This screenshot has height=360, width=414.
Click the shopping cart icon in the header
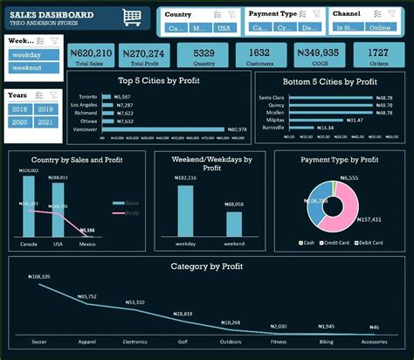point(132,17)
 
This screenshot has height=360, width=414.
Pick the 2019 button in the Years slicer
point(46,109)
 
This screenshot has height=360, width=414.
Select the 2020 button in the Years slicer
point(19,123)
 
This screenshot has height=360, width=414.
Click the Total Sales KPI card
point(89,55)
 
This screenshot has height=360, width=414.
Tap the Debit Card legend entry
point(369,242)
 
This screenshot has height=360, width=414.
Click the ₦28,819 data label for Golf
point(182,313)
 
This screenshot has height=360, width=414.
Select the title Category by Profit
point(206,266)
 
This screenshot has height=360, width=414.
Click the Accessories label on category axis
point(374,342)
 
